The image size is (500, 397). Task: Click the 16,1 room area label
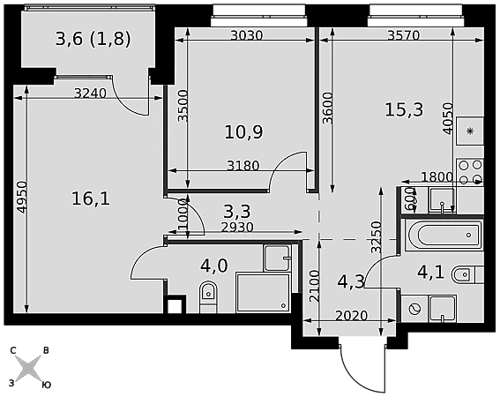tap(91, 198)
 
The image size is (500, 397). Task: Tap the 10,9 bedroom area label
tap(244, 131)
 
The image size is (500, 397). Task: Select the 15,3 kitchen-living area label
tap(404, 109)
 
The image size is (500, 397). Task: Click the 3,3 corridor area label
tap(237, 211)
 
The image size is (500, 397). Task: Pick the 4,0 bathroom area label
tap(214, 266)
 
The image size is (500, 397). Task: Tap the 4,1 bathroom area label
tap(430, 273)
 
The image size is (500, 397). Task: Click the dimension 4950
tap(22, 198)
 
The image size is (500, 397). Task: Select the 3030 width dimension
tap(247, 35)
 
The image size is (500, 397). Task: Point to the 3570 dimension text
tap(403, 35)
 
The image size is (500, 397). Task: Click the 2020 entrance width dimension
tap(352, 316)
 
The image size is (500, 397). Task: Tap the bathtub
tap(444, 236)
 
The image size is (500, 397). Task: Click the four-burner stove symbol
tap(470, 172)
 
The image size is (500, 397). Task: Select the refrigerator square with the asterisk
tap(470, 131)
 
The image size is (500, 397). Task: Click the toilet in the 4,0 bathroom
tap(208, 296)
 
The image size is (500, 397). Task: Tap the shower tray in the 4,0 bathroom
tap(264, 293)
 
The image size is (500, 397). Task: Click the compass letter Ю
tap(47, 385)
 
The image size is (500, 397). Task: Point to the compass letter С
tap(13, 351)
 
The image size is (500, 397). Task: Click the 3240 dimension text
tap(90, 94)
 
